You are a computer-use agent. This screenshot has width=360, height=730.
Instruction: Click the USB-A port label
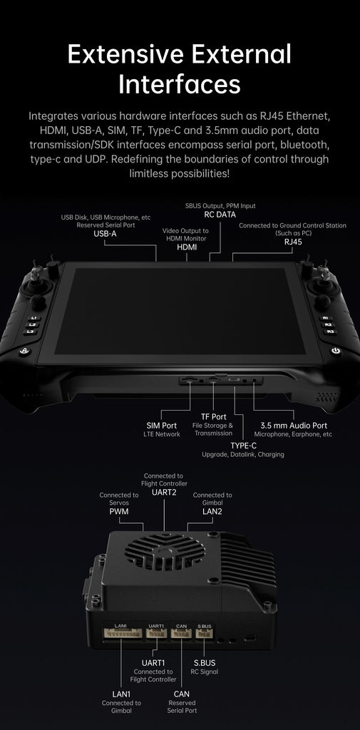click(x=105, y=234)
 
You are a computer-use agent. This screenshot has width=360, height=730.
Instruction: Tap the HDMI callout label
click(x=187, y=247)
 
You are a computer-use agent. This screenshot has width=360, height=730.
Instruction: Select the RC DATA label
click(x=220, y=215)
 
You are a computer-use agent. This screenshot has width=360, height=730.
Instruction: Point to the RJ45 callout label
click(x=293, y=242)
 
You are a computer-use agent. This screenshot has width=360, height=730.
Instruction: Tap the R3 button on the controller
click(x=329, y=332)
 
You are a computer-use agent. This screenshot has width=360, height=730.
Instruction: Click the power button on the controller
click(x=336, y=351)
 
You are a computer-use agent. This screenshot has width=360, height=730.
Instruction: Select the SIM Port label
click(x=162, y=426)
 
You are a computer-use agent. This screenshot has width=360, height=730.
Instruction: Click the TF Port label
click(x=214, y=416)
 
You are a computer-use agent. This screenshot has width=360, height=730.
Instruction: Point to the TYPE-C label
click(x=244, y=446)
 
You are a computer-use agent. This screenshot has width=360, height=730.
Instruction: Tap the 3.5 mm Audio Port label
click(x=294, y=426)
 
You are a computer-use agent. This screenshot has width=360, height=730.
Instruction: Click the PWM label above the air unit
click(x=119, y=512)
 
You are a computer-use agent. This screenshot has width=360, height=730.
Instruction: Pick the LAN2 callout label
click(x=212, y=512)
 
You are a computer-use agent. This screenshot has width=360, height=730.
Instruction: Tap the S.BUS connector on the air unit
click(x=204, y=633)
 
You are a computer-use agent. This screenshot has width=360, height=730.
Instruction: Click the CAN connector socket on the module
click(x=181, y=633)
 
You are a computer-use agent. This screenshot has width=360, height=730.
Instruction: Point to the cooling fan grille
click(x=165, y=552)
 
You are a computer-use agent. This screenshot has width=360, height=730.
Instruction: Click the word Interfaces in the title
click(x=180, y=85)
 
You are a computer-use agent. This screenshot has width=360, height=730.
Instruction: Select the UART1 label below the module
click(x=153, y=662)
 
